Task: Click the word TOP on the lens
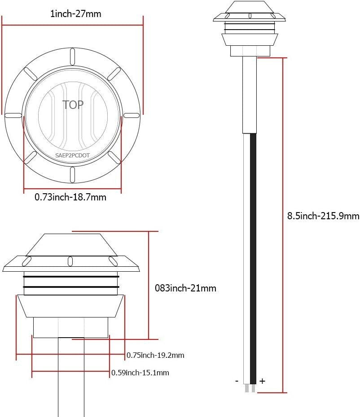click(73, 105)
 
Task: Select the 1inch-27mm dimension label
click(75, 14)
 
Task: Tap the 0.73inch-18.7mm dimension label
click(70, 197)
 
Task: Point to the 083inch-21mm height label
click(185, 288)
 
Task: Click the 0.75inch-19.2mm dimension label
click(155, 355)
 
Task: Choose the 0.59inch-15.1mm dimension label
click(140, 373)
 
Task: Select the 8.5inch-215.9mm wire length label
click(323, 216)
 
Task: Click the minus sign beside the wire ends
click(237, 381)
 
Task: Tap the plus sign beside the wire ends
click(262, 381)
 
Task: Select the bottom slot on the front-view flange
click(72, 174)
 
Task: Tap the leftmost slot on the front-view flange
click(13, 115)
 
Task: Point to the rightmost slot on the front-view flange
click(131, 115)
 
